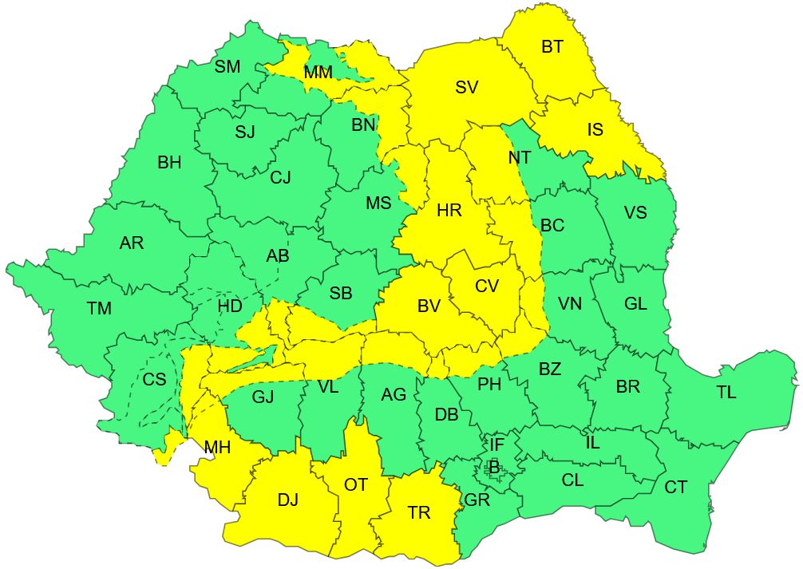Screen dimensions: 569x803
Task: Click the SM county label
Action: coord(227,67)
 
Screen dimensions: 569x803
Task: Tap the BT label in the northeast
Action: coord(552,47)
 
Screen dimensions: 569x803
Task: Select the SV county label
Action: coord(466,88)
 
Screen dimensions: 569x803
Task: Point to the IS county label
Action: coord(595,129)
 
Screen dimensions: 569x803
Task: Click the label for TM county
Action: coord(99,308)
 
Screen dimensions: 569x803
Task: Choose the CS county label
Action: coord(154,380)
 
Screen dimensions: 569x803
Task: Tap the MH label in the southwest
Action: coord(217,448)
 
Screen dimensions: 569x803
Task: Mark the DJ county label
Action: coord(287,500)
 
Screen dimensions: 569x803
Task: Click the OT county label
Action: coord(355,485)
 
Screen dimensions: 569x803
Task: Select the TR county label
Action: coord(418,513)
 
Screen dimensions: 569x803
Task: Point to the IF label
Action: coord(497,444)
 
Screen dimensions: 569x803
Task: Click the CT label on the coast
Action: coord(675,487)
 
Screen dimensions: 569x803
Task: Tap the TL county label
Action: coord(726,392)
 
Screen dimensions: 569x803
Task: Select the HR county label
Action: coord(449,211)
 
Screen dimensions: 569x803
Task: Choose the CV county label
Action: coord(486,285)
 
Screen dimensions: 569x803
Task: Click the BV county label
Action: coord(429,305)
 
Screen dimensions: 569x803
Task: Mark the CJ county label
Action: coord(280,177)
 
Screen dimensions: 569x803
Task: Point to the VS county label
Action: coord(635,213)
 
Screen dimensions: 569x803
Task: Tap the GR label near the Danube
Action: coord(477,500)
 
